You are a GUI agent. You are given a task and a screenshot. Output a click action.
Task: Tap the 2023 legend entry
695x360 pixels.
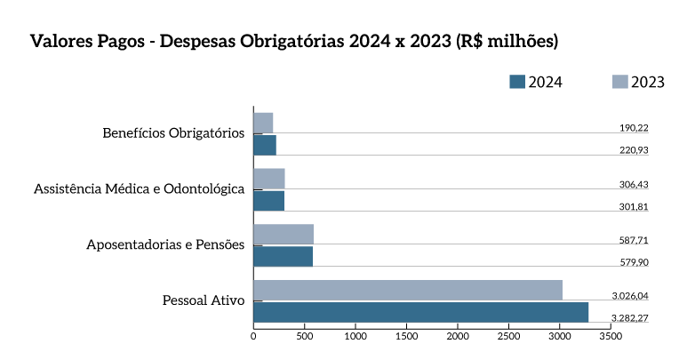(x=639, y=82)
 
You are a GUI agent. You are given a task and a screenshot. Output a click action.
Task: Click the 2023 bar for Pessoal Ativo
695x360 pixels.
(x=408, y=290)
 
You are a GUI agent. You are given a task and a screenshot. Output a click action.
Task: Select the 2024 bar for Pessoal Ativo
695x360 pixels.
(x=420, y=312)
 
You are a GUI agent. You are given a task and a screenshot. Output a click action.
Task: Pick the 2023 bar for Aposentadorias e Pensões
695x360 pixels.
(x=284, y=234)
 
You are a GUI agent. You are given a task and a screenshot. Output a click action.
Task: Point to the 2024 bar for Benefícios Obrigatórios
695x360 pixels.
(x=265, y=145)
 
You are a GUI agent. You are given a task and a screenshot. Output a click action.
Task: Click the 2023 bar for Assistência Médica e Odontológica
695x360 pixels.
(x=269, y=178)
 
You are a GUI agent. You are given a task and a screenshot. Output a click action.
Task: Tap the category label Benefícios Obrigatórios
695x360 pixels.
(x=173, y=134)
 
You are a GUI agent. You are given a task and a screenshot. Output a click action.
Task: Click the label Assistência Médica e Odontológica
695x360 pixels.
(x=139, y=189)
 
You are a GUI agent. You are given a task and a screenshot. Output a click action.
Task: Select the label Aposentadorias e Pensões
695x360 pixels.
(x=165, y=244)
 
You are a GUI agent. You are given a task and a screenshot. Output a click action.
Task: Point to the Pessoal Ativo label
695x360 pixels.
(x=204, y=300)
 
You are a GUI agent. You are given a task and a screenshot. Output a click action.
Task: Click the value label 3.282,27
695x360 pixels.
(x=629, y=317)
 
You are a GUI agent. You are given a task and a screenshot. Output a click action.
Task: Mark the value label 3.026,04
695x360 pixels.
(x=629, y=295)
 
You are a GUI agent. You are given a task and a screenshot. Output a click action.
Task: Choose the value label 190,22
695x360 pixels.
(x=634, y=128)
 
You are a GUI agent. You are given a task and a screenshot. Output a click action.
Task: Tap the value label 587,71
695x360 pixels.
(x=634, y=240)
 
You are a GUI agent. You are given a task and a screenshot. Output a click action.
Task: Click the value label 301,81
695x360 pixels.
(x=634, y=206)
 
